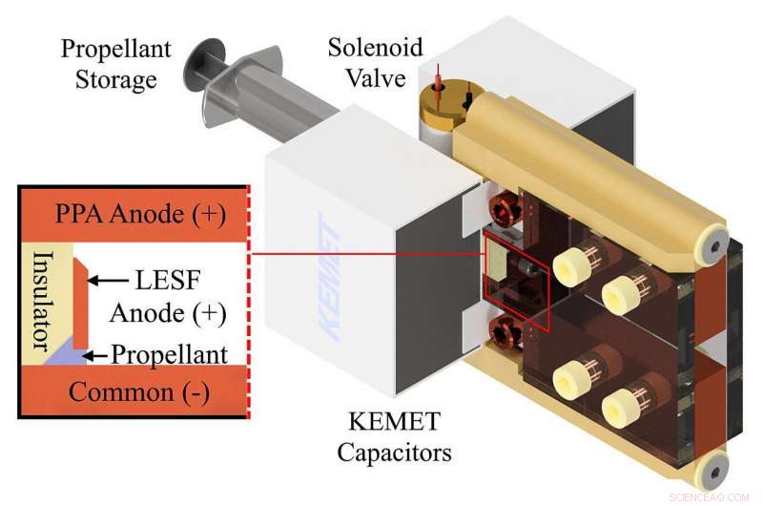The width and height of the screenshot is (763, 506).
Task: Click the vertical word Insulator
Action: [41, 300]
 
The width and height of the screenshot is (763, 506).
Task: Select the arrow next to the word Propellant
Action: [96, 355]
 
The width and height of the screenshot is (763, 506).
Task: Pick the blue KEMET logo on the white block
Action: [323, 277]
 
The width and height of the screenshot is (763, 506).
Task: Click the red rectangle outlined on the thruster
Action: [516, 277]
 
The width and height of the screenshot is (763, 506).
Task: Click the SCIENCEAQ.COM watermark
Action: [711, 495]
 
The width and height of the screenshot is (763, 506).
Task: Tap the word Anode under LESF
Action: [148, 312]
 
